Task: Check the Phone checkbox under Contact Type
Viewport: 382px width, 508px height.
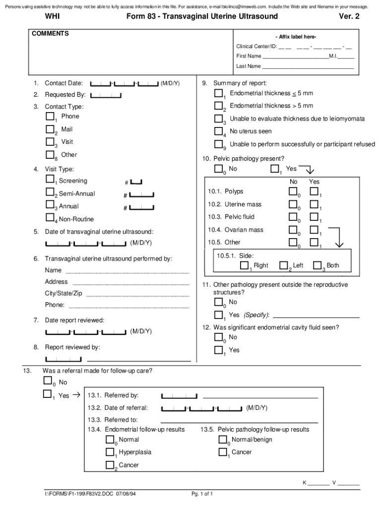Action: pyautogui.click(x=50, y=117)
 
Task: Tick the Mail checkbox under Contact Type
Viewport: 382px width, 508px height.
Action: pyautogui.click(x=50, y=129)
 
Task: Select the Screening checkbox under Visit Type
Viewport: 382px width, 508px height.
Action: pyautogui.click(x=50, y=179)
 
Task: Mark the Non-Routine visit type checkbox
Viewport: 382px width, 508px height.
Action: pyautogui.click(x=50, y=217)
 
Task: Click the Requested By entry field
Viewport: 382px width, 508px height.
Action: pyautogui.click(x=106, y=95)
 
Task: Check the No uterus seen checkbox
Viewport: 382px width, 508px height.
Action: pyautogui.click(x=219, y=131)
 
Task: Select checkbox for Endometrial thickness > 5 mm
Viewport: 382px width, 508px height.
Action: pyautogui.click(x=219, y=106)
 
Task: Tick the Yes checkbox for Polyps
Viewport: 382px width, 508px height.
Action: pyautogui.click(x=314, y=191)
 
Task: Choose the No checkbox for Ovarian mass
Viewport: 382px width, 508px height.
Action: pyautogui.click(x=293, y=229)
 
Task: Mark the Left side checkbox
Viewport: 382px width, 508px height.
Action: pyautogui.click(x=284, y=265)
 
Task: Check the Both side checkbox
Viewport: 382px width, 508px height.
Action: pyautogui.click(x=318, y=265)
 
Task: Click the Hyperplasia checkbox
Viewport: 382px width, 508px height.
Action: pyautogui.click(x=110, y=452)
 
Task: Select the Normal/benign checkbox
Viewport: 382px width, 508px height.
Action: pyautogui.click(x=223, y=440)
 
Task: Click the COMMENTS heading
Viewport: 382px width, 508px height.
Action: pyautogui.click(x=50, y=34)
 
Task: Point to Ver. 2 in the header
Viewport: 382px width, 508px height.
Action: pyautogui.click(x=349, y=16)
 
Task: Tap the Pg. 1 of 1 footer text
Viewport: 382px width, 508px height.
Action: pyautogui.click(x=202, y=494)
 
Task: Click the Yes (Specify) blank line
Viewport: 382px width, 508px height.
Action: pyautogui.click(x=316, y=316)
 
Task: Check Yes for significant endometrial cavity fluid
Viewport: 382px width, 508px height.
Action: pyautogui.click(x=219, y=350)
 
